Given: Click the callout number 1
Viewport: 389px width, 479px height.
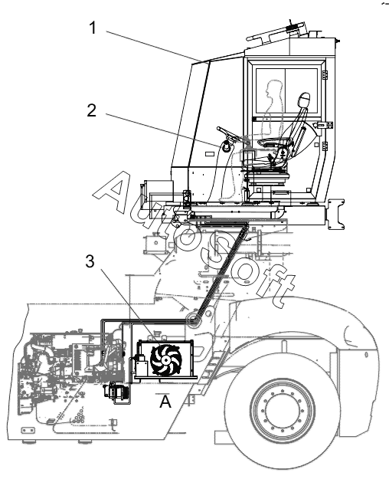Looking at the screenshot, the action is pyautogui.click(x=93, y=28).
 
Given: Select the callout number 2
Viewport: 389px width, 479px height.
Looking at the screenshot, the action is pyautogui.click(x=92, y=110).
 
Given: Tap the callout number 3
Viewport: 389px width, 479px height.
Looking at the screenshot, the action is pyautogui.click(x=90, y=261).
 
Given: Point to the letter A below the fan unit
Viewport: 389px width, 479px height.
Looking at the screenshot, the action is pyautogui.click(x=165, y=401).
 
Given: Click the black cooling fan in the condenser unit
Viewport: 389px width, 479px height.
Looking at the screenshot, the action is pyautogui.click(x=166, y=360).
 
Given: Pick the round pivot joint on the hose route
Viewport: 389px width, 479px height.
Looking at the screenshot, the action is pyautogui.click(x=193, y=321).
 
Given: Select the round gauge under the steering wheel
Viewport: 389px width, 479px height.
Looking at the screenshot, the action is pyautogui.click(x=226, y=146).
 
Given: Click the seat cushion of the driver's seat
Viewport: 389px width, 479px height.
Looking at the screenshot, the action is pyautogui.click(x=271, y=142).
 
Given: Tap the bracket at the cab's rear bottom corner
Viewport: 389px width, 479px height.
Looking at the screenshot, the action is pyautogui.click(x=336, y=214).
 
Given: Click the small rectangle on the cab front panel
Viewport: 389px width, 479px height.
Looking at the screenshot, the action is pyautogui.click(x=210, y=154).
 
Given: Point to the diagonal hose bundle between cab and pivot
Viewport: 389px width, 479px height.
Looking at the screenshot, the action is pyautogui.click(x=221, y=271).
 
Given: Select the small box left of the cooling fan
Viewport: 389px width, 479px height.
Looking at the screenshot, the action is pyautogui.click(x=142, y=367).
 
